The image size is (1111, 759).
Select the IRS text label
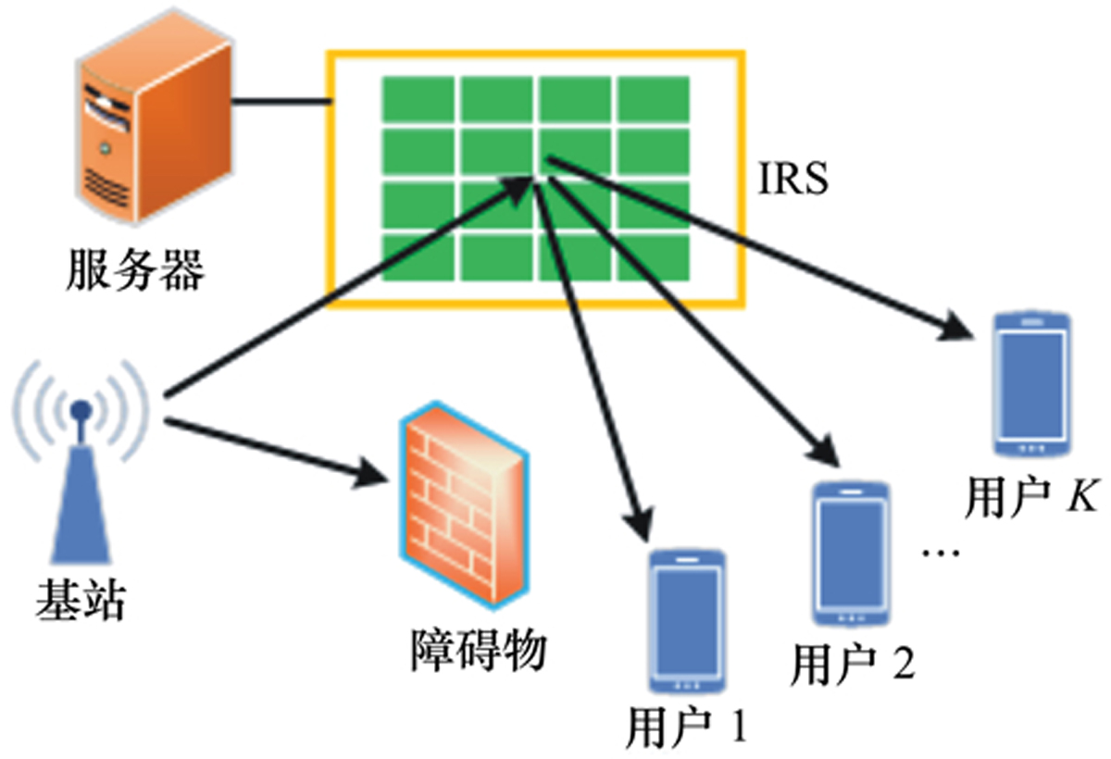coord(793,179)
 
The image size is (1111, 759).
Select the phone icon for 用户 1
coord(686,620)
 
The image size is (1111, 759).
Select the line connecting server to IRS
coord(279,99)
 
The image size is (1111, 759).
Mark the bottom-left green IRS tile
coord(418,257)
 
